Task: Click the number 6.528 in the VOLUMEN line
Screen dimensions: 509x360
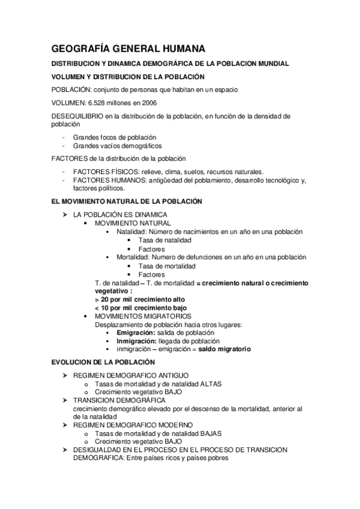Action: (x=97, y=103)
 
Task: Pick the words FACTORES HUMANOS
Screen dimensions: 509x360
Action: (x=104, y=180)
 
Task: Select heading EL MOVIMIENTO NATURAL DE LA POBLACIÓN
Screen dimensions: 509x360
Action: (x=127, y=202)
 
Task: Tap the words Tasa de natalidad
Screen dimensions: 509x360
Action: (x=165, y=240)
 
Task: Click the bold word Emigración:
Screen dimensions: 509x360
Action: (x=136, y=333)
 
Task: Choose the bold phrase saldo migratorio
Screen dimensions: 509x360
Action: (x=225, y=349)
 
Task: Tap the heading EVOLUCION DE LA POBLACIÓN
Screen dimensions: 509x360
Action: (x=104, y=362)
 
